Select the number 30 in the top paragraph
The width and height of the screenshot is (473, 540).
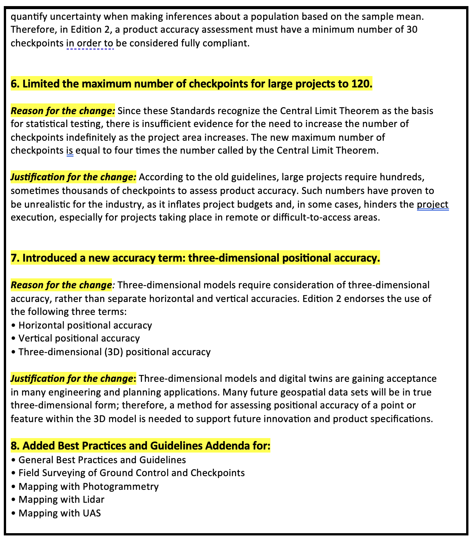412,30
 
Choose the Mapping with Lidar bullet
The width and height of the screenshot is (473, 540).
61,499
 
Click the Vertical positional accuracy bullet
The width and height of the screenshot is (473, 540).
79,338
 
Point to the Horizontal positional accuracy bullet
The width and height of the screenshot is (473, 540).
85,325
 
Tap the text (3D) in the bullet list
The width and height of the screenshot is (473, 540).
113,352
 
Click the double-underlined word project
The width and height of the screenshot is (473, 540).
432,204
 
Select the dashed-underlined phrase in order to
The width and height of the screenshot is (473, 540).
90,43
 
